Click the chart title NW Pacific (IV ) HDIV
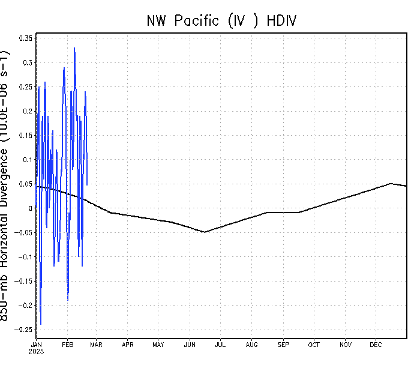tap(221, 20)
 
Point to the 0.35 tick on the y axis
tap(26, 38)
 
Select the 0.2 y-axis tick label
tap(28, 111)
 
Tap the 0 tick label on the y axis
tap(31, 208)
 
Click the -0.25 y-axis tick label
tap(24, 330)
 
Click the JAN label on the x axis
tap(36, 345)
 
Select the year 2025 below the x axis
tap(37, 351)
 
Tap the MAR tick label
tap(96, 345)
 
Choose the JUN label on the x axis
tap(190, 345)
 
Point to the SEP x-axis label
tap(283, 345)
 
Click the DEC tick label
tap(376, 345)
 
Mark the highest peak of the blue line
tap(74, 48)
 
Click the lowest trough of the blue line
tap(41, 324)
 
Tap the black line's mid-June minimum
tap(204, 232)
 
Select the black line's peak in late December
tap(391, 184)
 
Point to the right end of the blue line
tap(87, 185)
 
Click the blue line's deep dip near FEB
tap(68, 300)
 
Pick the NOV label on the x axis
tap(346, 345)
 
